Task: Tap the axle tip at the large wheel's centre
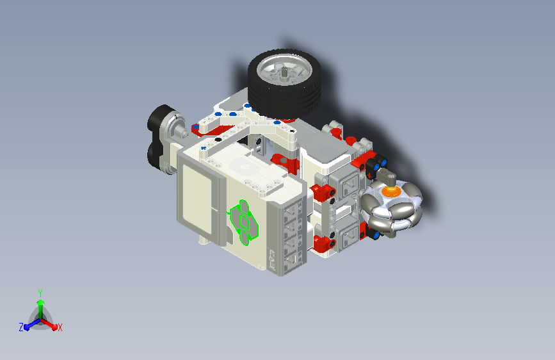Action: pos(284,70)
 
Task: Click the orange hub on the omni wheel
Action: pos(391,192)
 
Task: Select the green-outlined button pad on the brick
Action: pos(243,222)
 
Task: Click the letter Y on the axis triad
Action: pos(40,293)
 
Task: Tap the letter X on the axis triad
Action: pos(60,327)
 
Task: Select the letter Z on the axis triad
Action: pos(21,327)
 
